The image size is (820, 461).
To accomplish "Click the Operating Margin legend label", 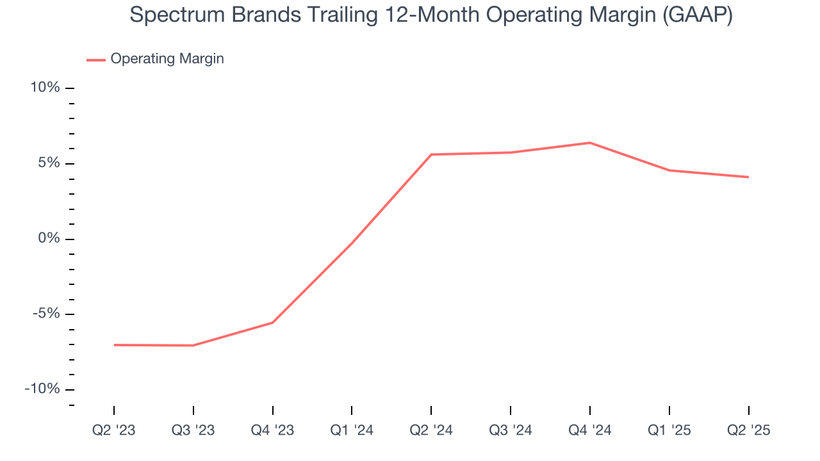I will point(167,59).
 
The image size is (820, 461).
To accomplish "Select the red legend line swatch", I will point(96,60).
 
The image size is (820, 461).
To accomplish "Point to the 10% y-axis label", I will point(45,88).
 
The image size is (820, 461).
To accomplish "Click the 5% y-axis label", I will point(49,163).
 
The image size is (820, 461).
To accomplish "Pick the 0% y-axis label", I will point(49,239).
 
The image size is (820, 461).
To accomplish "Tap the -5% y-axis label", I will point(46,314).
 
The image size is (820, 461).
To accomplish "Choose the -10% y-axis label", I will point(43,389).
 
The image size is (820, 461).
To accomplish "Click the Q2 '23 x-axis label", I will point(114,430).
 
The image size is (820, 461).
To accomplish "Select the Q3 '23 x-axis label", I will point(193,430).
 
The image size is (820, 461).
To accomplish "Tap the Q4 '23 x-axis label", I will point(273,430).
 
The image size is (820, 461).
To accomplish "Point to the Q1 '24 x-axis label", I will point(352,430).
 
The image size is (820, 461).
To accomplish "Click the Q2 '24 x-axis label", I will point(431,430).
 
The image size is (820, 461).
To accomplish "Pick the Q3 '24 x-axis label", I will point(511,430).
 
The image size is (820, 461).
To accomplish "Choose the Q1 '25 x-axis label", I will point(669,430).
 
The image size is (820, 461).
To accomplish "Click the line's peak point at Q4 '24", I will point(590,143).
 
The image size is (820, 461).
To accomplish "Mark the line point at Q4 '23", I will point(273,323).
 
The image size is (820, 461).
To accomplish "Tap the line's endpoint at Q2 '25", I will point(748,177).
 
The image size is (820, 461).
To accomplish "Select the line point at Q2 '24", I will point(431,154).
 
